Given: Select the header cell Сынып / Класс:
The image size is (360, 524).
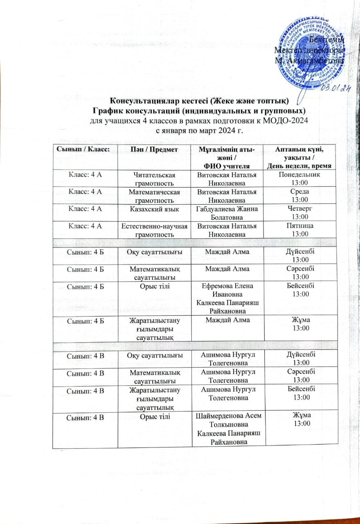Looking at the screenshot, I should coord(85,150).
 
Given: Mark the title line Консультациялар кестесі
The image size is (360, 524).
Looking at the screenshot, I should coord(200,101).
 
